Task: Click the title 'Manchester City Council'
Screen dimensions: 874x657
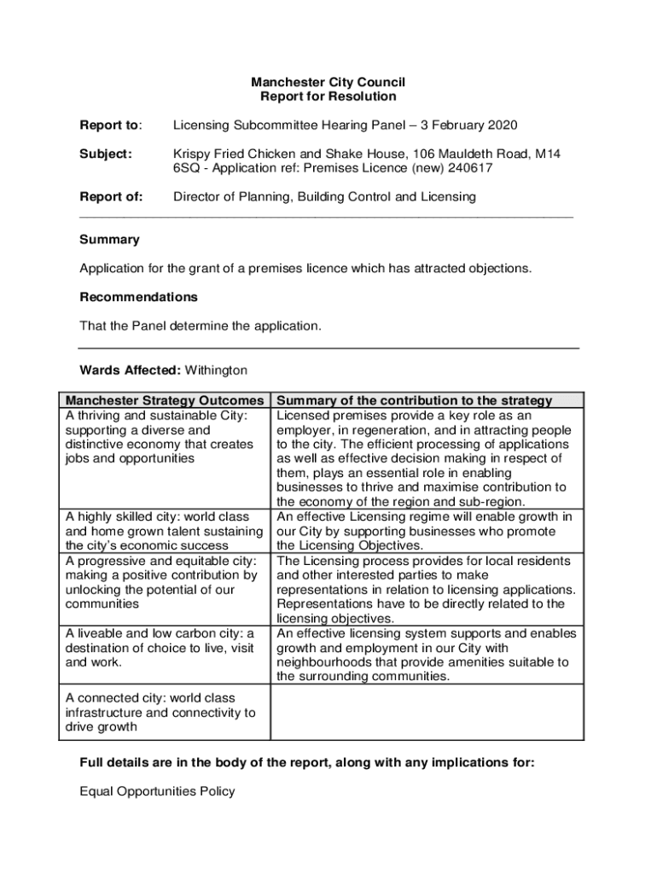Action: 328,83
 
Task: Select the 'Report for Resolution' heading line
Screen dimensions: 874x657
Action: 328,97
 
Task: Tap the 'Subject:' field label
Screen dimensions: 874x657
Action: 106,154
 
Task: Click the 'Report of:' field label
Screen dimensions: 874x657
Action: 111,197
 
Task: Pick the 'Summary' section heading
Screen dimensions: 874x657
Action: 109,240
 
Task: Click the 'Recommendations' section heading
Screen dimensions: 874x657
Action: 138,297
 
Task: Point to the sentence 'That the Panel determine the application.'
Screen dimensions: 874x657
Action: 201,326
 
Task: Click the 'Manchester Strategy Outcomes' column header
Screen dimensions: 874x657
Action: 165,400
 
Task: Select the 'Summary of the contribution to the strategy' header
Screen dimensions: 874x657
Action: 415,400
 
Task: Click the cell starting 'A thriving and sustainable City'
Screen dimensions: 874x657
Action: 160,437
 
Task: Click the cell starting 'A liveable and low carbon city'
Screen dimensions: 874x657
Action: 160,647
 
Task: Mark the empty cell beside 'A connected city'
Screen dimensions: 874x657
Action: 427,712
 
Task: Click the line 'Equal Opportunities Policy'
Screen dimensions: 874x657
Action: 157,791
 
